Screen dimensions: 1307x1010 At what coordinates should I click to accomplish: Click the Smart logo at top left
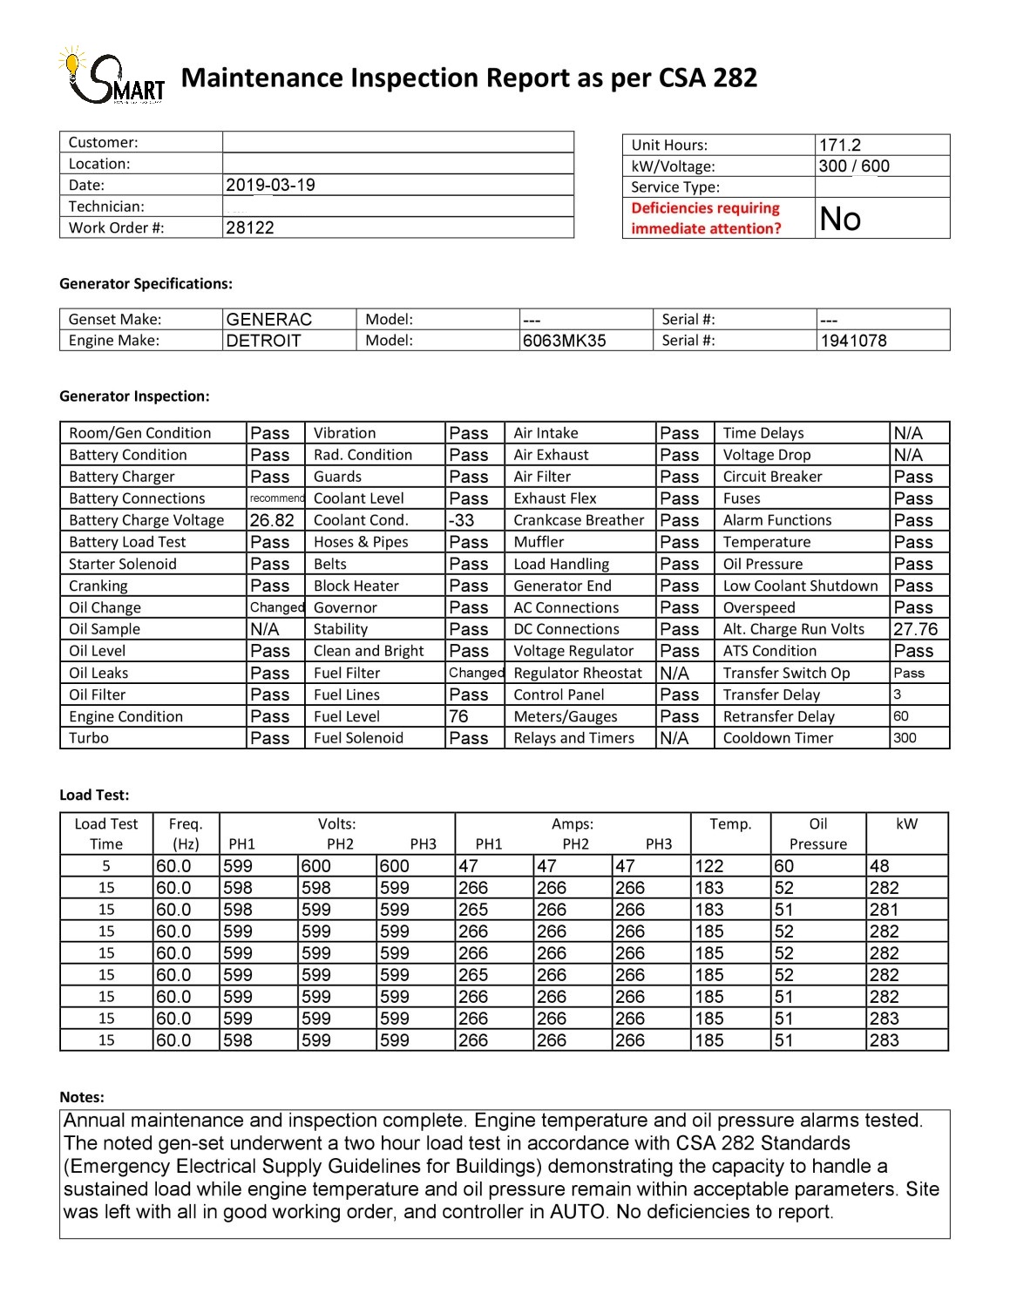click(112, 77)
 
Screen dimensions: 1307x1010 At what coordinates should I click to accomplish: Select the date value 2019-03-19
click(270, 185)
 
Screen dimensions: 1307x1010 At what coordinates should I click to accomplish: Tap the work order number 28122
click(250, 227)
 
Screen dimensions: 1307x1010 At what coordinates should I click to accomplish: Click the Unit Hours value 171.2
click(840, 146)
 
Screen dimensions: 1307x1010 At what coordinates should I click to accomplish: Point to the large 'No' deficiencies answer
click(840, 218)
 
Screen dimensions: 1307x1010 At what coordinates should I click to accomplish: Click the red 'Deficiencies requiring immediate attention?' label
click(706, 218)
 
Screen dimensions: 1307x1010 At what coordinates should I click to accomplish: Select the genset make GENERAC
click(268, 319)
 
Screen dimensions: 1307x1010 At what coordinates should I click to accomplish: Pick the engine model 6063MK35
click(564, 341)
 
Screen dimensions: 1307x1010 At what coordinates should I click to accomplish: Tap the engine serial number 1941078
click(853, 341)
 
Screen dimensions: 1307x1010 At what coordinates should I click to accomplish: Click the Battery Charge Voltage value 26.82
click(272, 520)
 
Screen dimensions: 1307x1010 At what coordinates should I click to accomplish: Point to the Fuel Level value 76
click(458, 716)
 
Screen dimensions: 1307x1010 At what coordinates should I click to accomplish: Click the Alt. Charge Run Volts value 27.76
click(915, 629)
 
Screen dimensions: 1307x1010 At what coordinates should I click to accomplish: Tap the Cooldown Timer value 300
click(905, 738)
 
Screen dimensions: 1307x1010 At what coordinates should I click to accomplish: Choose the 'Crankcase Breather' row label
click(579, 520)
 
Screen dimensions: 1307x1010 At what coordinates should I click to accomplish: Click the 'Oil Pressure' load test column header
click(817, 834)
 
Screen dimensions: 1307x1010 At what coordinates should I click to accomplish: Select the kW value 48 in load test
click(880, 866)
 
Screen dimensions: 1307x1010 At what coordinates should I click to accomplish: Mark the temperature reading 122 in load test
click(708, 866)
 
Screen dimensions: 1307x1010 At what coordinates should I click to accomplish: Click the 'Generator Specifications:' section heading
click(146, 283)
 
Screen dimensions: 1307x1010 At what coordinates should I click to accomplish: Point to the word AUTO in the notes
click(577, 1211)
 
